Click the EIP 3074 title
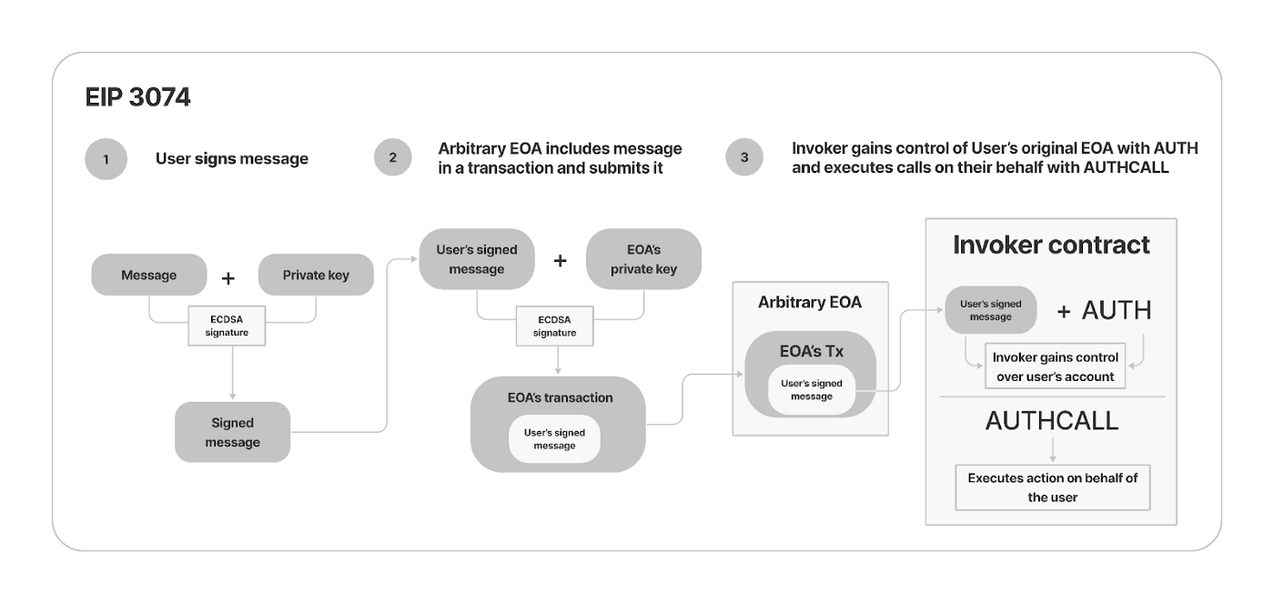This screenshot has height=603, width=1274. point(137,98)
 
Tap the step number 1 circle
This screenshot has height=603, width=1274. point(106,159)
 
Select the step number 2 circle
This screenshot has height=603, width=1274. point(392,157)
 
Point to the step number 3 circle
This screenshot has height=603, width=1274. point(744,157)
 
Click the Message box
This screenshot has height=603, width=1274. point(148,275)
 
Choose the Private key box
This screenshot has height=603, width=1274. point(316,275)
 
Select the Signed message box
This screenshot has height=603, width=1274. point(232,433)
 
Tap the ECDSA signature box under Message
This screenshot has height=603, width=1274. point(227,327)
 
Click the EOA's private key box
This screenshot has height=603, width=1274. point(643,259)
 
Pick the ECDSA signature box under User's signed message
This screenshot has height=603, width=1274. point(554,327)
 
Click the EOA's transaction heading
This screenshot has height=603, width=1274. point(560,397)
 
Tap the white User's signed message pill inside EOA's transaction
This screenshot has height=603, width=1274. point(554,438)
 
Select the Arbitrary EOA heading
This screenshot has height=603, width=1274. point(809,302)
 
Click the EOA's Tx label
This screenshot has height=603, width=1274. point(811,351)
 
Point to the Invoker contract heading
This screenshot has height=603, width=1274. point(1051,245)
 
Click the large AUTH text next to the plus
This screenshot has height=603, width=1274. point(1117,311)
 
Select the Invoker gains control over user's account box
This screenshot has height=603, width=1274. point(1056,367)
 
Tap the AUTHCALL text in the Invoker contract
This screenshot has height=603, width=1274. point(1051,421)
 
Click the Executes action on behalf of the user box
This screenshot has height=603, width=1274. point(1052,487)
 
